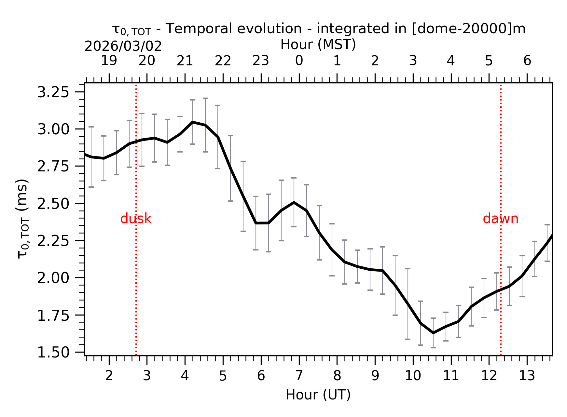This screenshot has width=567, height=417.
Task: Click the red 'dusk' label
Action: click(136, 219)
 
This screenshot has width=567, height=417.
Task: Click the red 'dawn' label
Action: click(500, 219)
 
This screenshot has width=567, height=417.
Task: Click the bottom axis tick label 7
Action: click(299, 376)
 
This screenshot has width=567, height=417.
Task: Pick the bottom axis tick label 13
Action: click(527, 376)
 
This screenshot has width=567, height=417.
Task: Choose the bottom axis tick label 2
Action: click(109, 376)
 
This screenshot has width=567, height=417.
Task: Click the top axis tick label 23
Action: click(261, 61)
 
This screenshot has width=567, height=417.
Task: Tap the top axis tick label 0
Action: click(299, 61)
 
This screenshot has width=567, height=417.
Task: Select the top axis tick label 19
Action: click(109, 61)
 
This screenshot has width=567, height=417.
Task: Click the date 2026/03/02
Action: click(123, 47)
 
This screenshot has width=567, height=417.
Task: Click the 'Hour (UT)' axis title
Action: click(318, 395)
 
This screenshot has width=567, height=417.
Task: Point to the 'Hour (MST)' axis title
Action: click(318, 45)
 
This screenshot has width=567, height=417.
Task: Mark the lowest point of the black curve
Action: click(433, 333)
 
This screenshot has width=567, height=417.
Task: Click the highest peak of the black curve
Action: click(193, 122)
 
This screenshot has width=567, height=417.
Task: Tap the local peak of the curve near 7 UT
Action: click(294, 202)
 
